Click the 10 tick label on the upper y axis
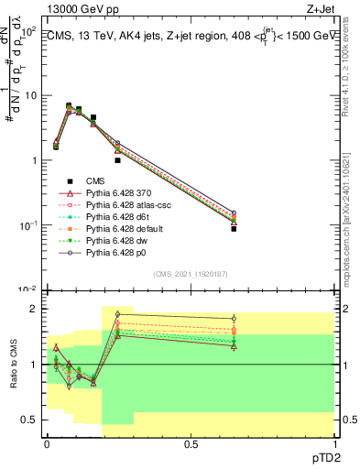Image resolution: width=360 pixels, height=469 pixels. point(29,96)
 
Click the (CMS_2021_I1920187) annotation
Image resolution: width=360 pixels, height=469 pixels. point(190,274)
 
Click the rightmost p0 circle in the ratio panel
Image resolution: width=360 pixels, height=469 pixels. point(234,319)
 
